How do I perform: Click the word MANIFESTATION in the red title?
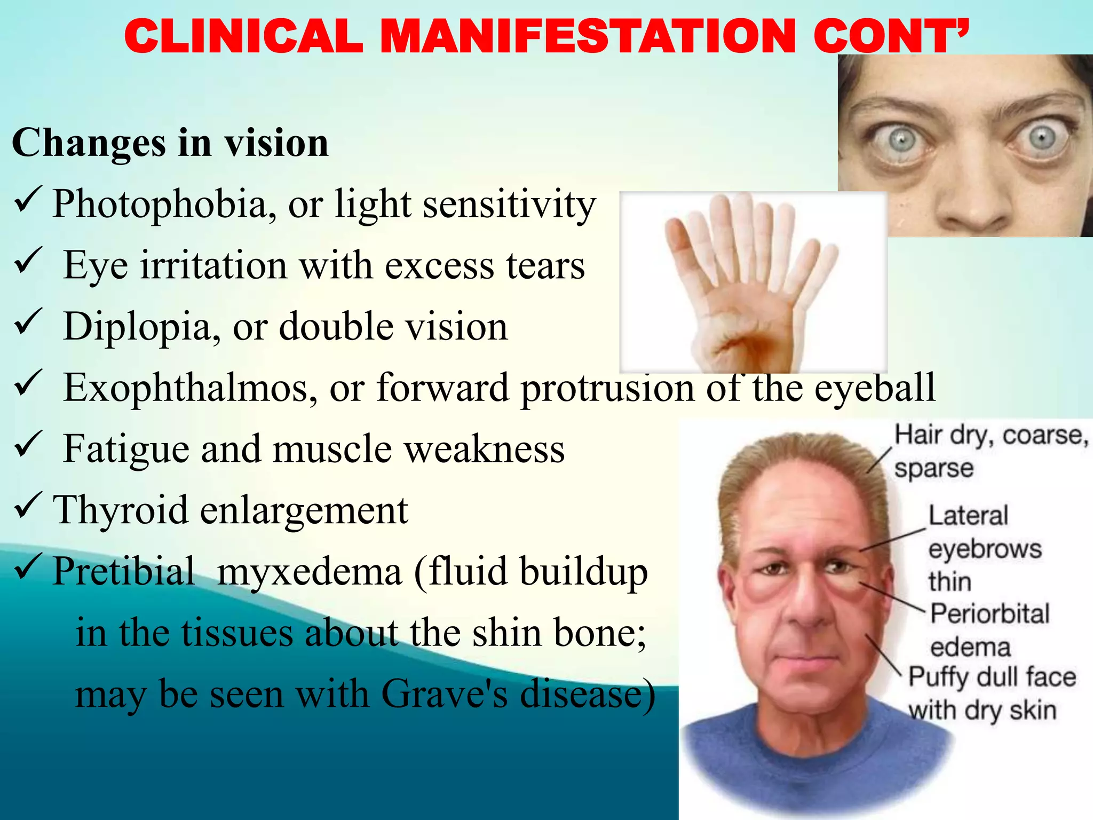pyautogui.click(x=587, y=36)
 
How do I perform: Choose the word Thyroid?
pyautogui.click(x=120, y=510)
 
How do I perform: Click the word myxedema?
pyautogui.click(x=310, y=572)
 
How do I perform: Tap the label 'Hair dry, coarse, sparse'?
pyautogui.click(x=990, y=451)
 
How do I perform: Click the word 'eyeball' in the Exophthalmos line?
pyautogui.click(x=875, y=388)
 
